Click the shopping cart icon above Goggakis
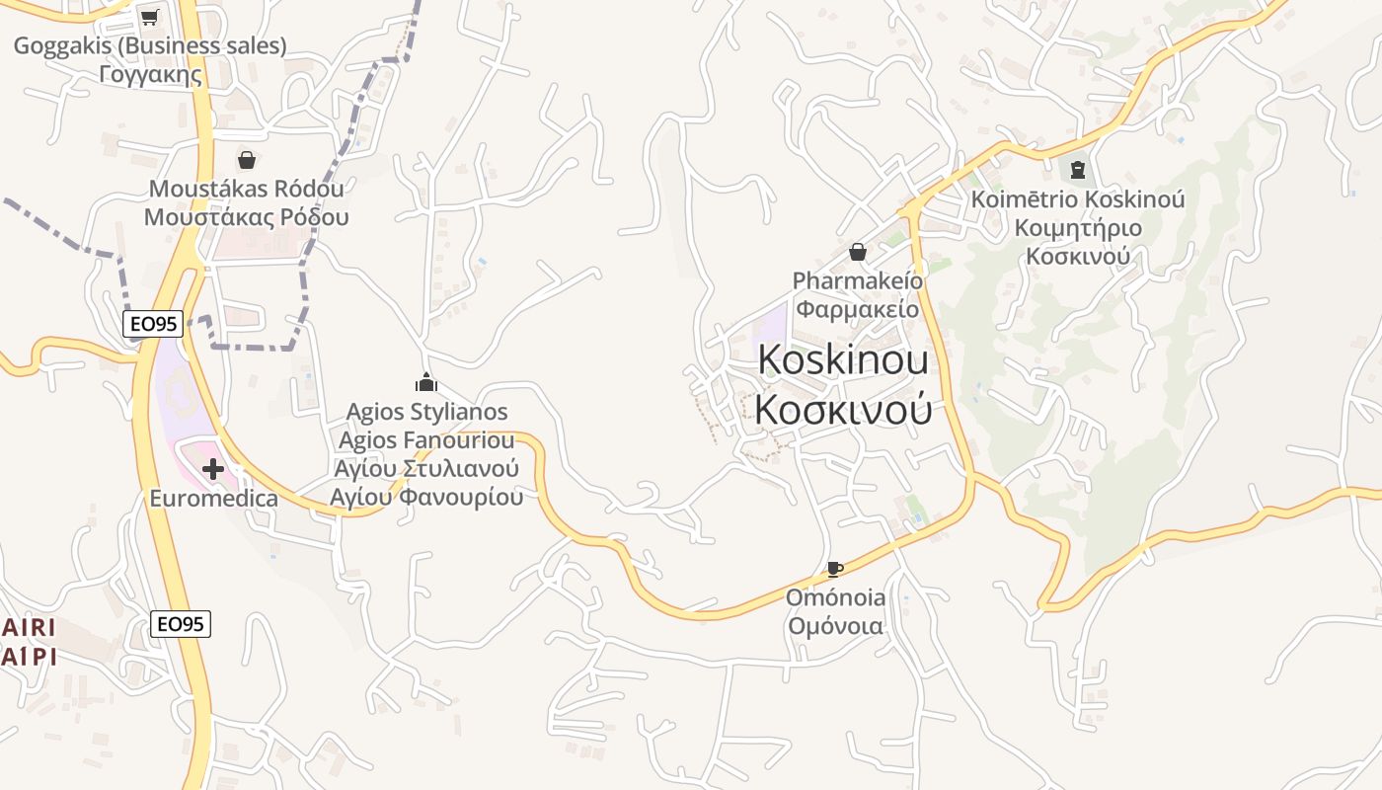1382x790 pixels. pyautogui.click(x=149, y=17)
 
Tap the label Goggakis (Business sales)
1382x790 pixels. pyautogui.click(x=150, y=45)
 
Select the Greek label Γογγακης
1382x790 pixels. pyautogui.click(x=150, y=74)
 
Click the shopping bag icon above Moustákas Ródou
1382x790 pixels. pyautogui.click(x=246, y=159)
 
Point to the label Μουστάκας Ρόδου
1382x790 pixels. pyautogui.click(x=246, y=217)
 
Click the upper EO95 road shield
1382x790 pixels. pyautogui.click(x=153, y=323)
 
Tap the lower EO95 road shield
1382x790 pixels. pyautogui.click(x=182, y=623)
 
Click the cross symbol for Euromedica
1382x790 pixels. pyautogui.click(x=212, y=469)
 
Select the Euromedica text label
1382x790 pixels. pyautogui.click(x=213, y=499)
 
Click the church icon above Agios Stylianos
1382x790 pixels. pyautogui.click(x=425, y=382)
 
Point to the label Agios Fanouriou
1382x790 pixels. pyautogui.click(x=426, y=439)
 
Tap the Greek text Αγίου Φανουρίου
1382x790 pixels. pyautogui.click(x=426, y=497)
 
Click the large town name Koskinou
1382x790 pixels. pyautogui.click(x=843, y=360)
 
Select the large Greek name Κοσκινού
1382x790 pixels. pyautogui.click(x=843, y=409)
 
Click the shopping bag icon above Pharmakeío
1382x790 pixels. pyautogui.click(x=857, y=253)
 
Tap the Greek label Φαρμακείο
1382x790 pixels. pyautogui.click(x=857, y=309)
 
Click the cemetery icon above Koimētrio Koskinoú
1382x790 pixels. pyautogui.click(x=1077, y=170)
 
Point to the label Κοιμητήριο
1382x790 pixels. pyautogui.click(x=1077, y=228)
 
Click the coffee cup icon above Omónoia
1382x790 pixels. pyautogui.click(x=834, y=569)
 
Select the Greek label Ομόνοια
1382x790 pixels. pyautogui.click(x=835, y=626)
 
